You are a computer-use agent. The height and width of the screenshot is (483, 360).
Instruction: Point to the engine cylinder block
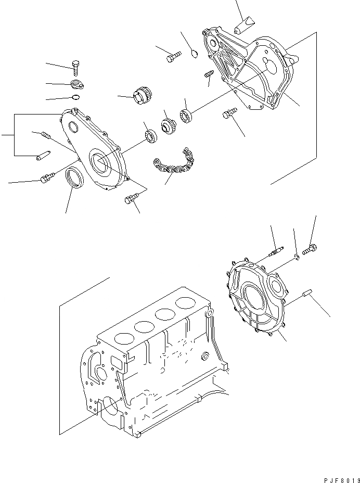coord(153,364)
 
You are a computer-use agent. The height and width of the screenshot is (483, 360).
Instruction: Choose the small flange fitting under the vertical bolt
coord(77,85)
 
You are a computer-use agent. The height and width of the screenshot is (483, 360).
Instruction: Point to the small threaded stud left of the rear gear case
coord(209,76)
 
